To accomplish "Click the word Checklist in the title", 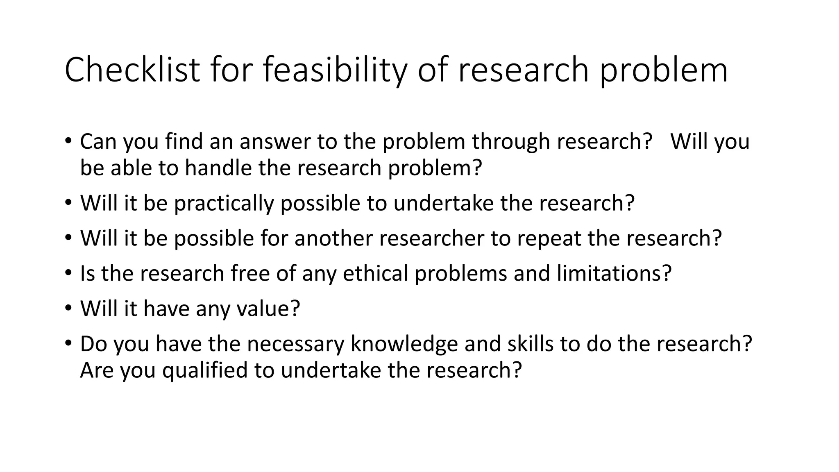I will tap(132, 70).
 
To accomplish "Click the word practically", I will tap(224, 203).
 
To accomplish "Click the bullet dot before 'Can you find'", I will tap(68, 140).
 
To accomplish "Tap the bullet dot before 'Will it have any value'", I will tap(68, 307).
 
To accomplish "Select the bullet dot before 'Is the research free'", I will tap(68, 272).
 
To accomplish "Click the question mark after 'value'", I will tap(295, 309).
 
